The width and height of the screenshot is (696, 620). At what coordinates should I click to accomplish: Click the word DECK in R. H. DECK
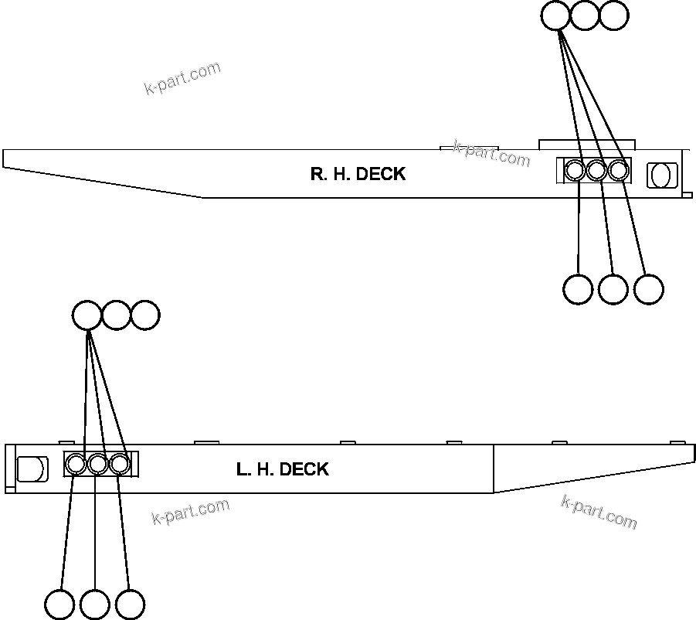tap(381, 174)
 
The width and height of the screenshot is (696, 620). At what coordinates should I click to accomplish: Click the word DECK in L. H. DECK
tap(304, 469)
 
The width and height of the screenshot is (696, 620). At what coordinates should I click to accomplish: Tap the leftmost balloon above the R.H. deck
tap(556, 15)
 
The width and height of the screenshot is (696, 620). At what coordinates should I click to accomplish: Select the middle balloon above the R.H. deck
tap(585, 15)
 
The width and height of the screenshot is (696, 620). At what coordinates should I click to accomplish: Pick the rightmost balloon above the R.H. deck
tap(613, 15)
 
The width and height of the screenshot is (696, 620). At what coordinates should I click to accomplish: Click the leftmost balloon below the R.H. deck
tap(578, 289)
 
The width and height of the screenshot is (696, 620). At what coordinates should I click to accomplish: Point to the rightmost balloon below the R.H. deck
tap(648, 289)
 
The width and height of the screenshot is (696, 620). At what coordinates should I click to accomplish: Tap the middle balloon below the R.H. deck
tap(613, 289)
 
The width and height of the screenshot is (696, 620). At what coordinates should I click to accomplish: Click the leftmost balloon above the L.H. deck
tap(87, 315)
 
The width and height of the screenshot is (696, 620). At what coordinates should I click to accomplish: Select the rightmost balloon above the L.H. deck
tap(144, 315)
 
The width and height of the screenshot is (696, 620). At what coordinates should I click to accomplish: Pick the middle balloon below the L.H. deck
tap(95, 605)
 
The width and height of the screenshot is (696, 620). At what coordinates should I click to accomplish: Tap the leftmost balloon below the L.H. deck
tap(60, 605)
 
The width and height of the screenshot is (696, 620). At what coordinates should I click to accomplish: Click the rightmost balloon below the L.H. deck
tap(130, 605)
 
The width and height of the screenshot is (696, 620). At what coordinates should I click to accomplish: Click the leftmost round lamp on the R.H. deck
tap(575, 171)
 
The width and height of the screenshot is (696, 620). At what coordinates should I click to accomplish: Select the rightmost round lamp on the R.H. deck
tap(617, 171)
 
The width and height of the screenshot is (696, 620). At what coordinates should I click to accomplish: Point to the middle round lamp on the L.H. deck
tap(97, 465)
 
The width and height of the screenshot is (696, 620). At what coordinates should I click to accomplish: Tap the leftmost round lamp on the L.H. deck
tap(76, 465)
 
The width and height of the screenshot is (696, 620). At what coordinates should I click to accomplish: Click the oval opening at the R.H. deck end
tap(660, 175)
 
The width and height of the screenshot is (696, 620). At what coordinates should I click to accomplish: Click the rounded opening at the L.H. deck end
tap(30, 468)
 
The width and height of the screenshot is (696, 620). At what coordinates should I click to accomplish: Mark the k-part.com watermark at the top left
tap(182, 78)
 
